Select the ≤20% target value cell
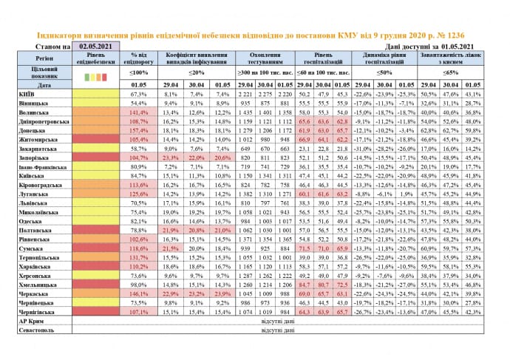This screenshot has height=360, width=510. coord(195,72)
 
